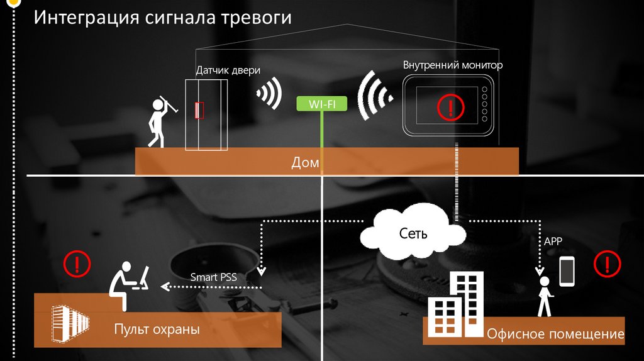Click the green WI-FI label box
coord(321,104)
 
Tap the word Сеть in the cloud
coord(413,233)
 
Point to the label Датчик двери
coord(228,71)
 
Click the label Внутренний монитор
coord(453,65)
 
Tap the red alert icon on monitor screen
coord(449,106)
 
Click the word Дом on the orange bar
coord(306,163)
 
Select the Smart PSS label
coord(213,277)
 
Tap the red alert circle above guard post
coord(77,263)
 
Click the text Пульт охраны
coord(157,329)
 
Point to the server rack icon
coord(65,324)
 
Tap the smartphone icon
coord(567,271)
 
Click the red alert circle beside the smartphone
coord(607,264)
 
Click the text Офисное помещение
coord(555,334)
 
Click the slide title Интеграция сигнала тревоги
coord(162,17)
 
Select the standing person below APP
coord(543,296)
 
